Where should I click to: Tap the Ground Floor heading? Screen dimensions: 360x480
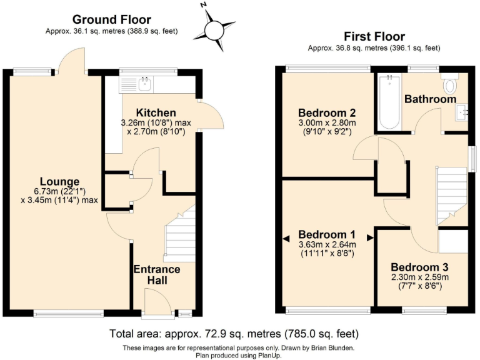[112, 20]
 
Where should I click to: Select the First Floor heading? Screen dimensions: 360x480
[374, 37]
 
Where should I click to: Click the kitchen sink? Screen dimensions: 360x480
[145, 84]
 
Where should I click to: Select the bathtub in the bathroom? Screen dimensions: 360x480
[389, 102]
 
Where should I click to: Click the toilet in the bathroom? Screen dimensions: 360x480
[450, 84]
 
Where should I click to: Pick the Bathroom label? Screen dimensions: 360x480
[430, 99]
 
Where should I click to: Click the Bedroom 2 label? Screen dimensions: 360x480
[326, 113]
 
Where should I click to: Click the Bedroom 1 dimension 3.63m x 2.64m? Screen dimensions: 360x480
[327, 244]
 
